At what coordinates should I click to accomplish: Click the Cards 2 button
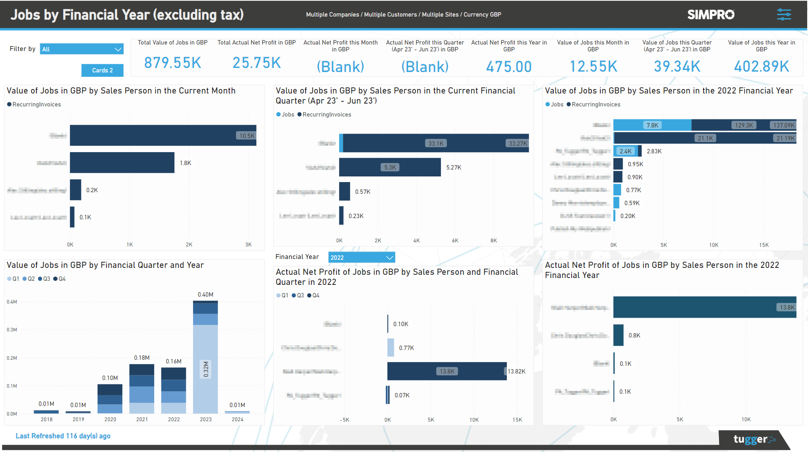[x=102, y=70]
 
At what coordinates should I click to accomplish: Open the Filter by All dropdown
[x=81, y=49]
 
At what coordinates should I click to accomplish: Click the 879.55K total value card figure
[x=172, y=63]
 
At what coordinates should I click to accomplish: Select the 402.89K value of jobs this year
[x=761, y=66]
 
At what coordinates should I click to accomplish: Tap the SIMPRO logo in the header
[x=710, y=15]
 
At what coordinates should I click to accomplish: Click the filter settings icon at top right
[x=784, y=15]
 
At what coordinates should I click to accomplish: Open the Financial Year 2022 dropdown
[x=361, y=257]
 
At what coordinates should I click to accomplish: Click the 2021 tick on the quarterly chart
[x=142, y=419]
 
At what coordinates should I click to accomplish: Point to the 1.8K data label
[x=185, y=163]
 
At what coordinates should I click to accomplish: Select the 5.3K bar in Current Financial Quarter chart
[x=389, y=167]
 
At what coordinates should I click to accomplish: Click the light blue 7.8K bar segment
[x=652, y=125]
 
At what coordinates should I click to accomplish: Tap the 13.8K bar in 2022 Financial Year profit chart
[x=704, y=307]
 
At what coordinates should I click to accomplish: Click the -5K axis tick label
[x=344, y=420]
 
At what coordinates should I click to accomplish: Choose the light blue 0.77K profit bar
[x=391, y=348]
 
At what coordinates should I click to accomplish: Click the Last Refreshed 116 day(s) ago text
[x=63, y=436]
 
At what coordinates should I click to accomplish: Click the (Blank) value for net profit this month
[x=340, y=66]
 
